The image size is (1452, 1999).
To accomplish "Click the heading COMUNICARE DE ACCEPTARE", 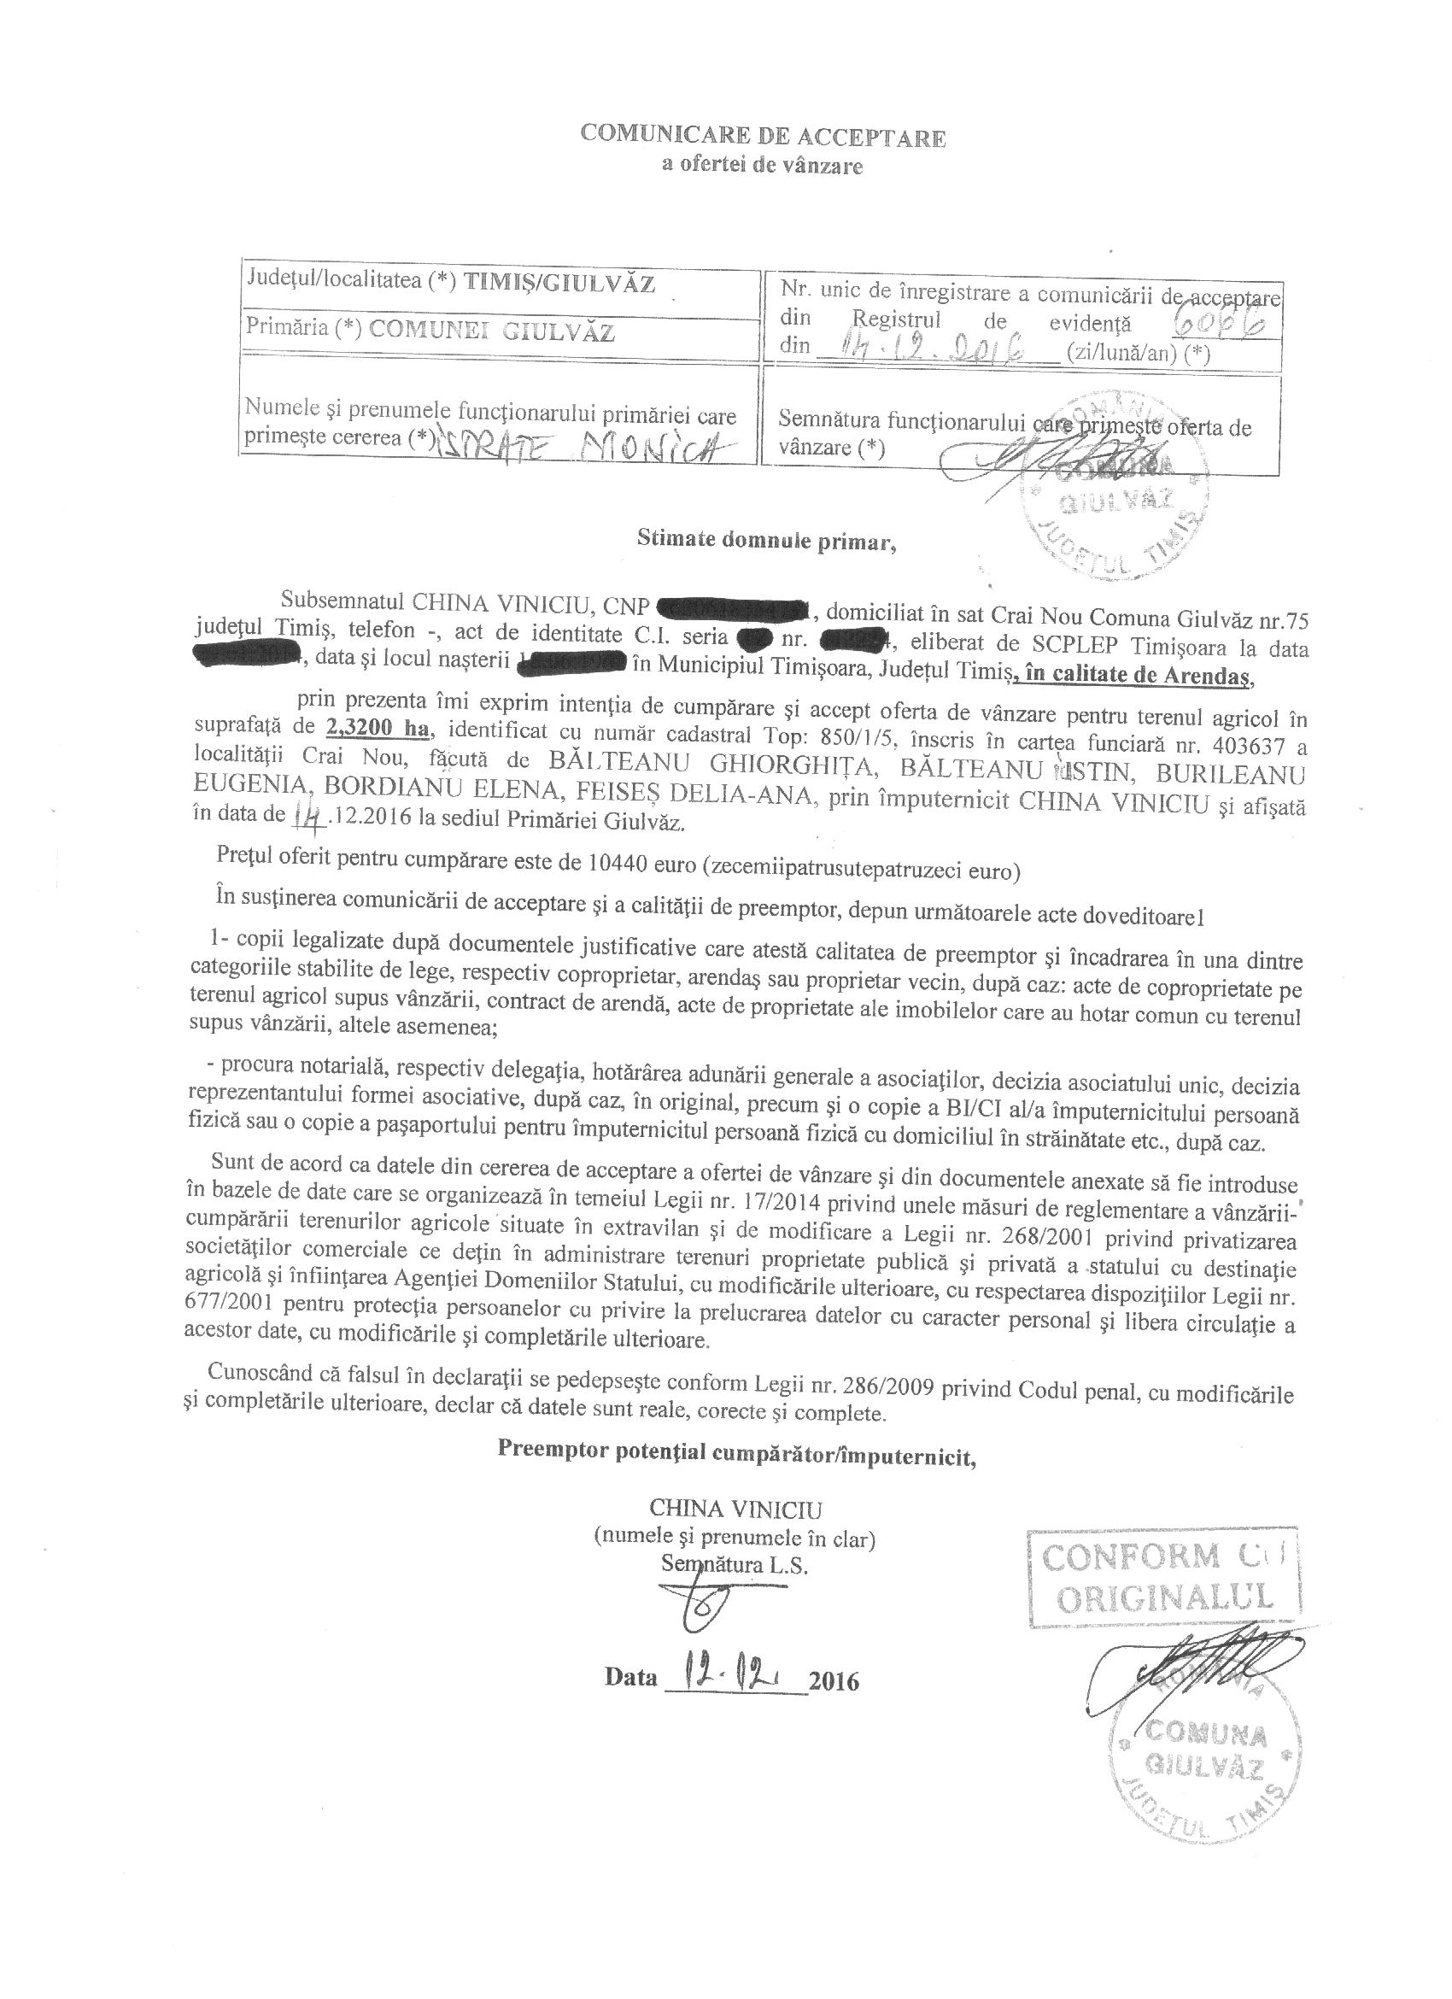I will tap(763, 138).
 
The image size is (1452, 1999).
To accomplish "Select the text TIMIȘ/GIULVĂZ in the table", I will tap(559, 283).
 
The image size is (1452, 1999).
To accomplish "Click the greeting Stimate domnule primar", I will tap(766, 541).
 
